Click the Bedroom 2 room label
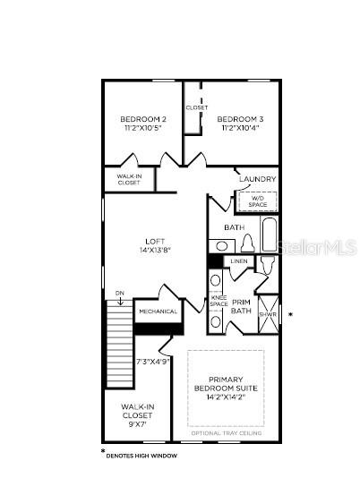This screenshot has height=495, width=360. click(143, 119)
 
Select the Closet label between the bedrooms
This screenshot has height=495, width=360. click(197, 107)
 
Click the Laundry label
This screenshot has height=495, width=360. click(257, 179)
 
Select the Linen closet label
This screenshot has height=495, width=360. click(238, 261)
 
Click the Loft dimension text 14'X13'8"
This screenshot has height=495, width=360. click(156, 250)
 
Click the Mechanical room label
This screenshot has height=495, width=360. click(158, 311)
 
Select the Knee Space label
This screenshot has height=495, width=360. click(219, 301)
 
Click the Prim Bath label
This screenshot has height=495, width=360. click(242, 306)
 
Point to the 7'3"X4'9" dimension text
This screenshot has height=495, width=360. click(153, 362)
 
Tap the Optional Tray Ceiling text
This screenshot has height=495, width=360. click(226, 433)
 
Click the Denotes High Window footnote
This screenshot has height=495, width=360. click(142, 457)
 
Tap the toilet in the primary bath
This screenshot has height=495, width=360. click(268, 268)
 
